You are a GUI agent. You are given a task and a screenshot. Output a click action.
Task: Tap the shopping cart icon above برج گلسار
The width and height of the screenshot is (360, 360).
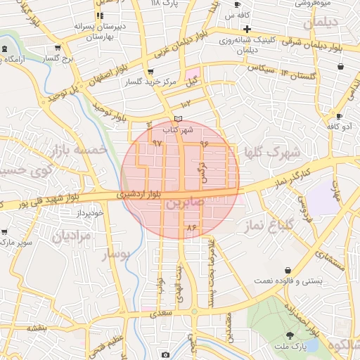point(57,49)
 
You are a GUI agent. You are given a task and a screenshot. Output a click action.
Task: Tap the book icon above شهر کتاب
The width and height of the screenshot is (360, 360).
point(178,119)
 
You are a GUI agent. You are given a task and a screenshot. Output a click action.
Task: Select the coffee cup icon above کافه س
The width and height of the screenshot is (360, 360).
point(238,4)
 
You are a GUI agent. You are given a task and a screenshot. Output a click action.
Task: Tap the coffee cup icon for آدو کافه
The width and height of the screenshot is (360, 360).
point(340,117)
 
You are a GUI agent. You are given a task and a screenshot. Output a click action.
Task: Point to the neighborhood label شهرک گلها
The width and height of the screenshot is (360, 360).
point(272,153)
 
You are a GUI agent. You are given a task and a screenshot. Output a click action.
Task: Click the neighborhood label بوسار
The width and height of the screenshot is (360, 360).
point(117,255)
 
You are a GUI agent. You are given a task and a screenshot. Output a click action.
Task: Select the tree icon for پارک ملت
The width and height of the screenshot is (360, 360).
point(291,335)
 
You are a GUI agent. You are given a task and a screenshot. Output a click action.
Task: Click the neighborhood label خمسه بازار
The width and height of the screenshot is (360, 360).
point(79,150)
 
